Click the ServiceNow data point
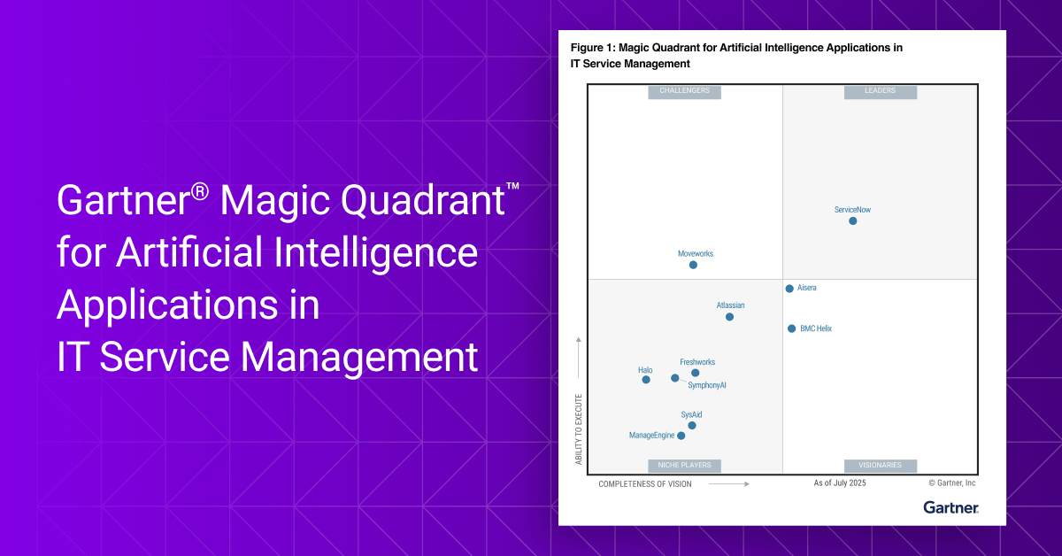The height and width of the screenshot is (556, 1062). [853, 221]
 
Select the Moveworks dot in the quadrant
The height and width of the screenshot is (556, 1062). [693, 265]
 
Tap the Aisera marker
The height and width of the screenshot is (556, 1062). [789, 289]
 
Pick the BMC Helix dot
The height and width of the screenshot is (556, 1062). [791, 328]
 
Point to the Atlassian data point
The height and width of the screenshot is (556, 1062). [729, 317]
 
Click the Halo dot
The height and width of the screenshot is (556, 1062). [646, 380]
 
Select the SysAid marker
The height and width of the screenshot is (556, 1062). [692, 426]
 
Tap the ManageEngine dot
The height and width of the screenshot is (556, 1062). [681, 436]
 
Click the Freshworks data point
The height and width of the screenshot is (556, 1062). [695, 373]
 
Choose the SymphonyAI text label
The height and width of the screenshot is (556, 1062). [707, 385]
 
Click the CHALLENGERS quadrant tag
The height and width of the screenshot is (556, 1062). [684, 91]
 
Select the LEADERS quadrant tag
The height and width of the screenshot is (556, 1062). [881, 91]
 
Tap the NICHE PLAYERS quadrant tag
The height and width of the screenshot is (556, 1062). [684, 466]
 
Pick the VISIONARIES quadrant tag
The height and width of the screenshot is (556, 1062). [880, 466]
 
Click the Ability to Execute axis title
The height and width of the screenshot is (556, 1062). [579, 429]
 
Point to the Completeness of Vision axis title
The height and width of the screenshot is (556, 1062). [645, 484]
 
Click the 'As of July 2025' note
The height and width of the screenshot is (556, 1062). [840, 483]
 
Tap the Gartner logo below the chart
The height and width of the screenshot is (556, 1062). [950, 507]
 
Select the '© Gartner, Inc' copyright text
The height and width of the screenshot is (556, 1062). [951, 483]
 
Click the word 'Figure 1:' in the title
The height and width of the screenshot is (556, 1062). [592, 48]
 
